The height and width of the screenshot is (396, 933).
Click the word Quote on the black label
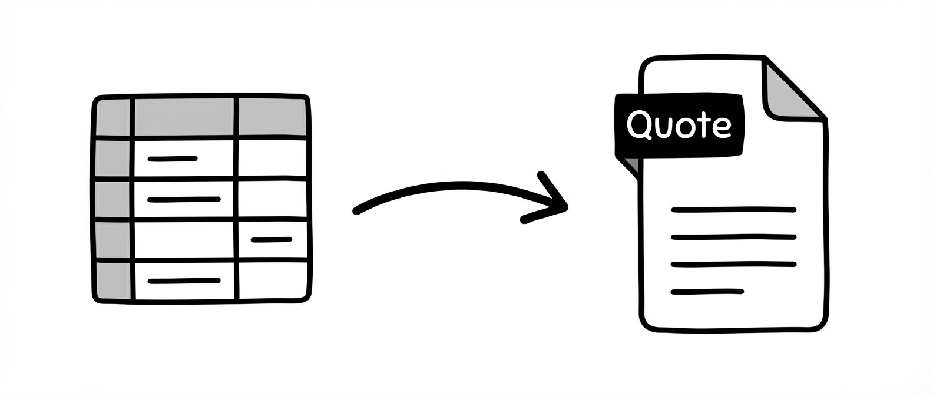click(679, 125)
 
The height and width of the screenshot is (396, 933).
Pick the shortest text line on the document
click(707, 291)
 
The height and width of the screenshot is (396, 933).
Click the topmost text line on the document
click(734, 209)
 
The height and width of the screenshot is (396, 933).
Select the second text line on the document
click(734, 237)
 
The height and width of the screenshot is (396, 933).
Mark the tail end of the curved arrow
click(357, 210)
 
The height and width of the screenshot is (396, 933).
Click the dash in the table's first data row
click(172, 159)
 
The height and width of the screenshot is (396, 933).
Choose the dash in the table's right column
click(271, 239)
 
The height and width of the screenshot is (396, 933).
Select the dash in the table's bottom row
click(184, 280)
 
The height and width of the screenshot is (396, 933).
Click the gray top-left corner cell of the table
click(113, 117)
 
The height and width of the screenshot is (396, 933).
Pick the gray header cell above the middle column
click(184, 117)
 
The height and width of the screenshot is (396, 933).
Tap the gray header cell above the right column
click(272, 117)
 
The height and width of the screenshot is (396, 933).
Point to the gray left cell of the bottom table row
click(113, 280)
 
